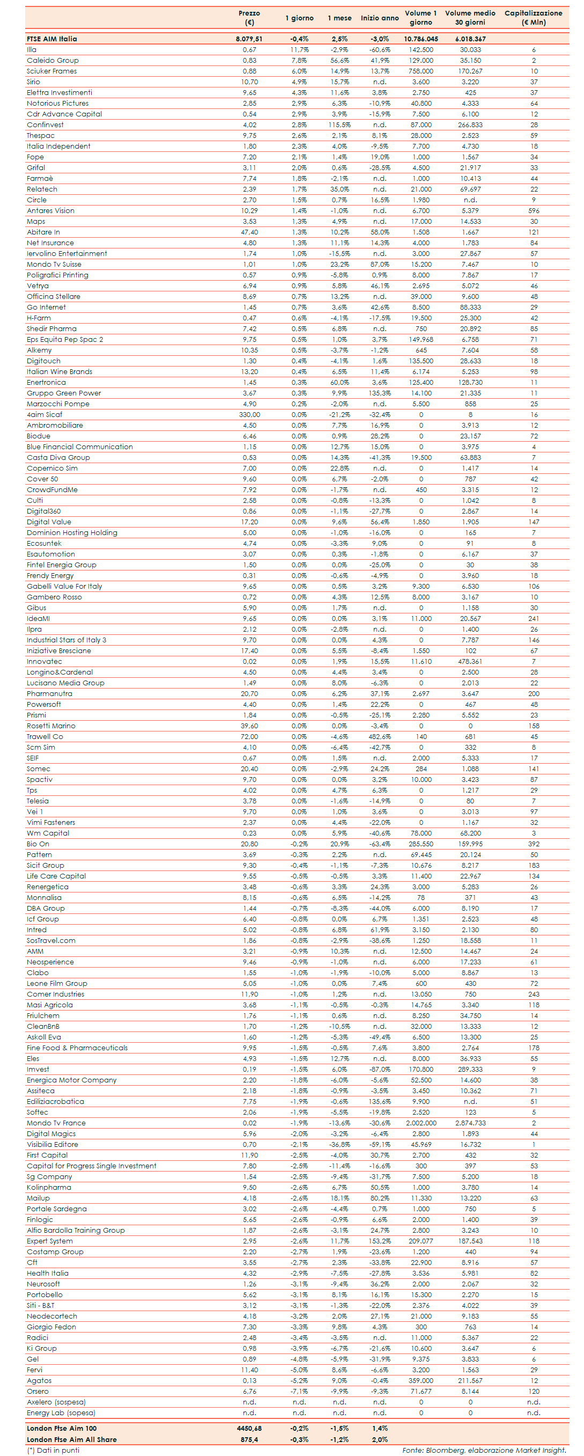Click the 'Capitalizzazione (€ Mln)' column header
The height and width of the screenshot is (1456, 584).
click(533, 18)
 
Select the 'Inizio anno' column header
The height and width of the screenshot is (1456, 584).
click(380, 18)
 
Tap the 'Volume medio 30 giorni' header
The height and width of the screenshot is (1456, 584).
click(470, 18)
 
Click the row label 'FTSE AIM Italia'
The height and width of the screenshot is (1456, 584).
click(52, 39)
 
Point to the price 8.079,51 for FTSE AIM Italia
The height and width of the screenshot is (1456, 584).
click(249, 39)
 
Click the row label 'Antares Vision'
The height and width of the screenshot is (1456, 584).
click(50, 211)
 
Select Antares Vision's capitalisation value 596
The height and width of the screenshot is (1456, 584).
click(534, 211)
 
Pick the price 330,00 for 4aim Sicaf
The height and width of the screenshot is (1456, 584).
click(249, 415)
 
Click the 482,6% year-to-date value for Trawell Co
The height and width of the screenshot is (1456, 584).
click(380, 737)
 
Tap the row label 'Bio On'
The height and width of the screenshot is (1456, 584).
click(38, 844)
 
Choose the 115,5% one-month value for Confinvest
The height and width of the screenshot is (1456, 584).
click(339, 125)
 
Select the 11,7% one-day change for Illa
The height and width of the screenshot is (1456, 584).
click(299, 50)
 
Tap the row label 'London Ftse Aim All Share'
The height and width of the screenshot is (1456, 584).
click(72, 1439)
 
